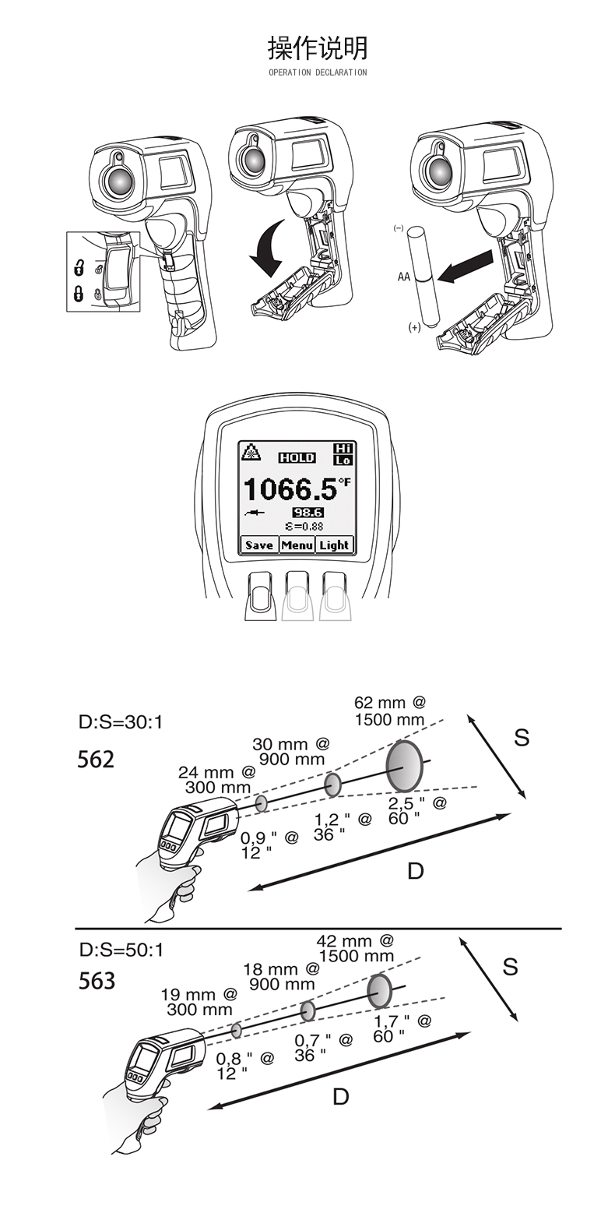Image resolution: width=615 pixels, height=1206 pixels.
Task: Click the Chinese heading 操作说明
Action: tap(318, 48)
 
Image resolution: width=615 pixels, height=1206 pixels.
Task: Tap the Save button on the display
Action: tap(258, 545)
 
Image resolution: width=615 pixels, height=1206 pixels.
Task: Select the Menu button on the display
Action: tap(297, 545)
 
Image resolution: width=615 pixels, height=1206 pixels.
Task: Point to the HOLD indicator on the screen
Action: tap(297, 457)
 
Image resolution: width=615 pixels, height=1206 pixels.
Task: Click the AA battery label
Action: tap(403, 277)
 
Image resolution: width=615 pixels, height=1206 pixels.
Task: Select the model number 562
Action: tap(96, 759)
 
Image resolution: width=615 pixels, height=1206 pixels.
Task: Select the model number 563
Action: tap(97, 981)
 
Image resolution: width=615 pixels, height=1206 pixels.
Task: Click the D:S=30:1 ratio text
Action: tap(121, 722)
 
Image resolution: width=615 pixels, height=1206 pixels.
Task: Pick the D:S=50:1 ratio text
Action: tap(121, 950)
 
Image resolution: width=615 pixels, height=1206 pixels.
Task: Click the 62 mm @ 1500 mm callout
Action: tap(390, 711)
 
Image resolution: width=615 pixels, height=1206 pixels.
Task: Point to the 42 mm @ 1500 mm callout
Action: tap(356, 949)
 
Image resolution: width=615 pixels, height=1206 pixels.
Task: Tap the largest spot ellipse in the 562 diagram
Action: tap(405, 766)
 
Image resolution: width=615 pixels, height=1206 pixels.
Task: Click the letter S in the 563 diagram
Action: tap(510, 967)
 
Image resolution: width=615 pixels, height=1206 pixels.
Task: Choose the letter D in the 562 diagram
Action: tap(415, 871)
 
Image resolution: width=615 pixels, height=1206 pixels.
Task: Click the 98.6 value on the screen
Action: tap(307, 512)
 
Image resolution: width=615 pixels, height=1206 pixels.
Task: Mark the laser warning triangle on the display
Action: tap(251, 452)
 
